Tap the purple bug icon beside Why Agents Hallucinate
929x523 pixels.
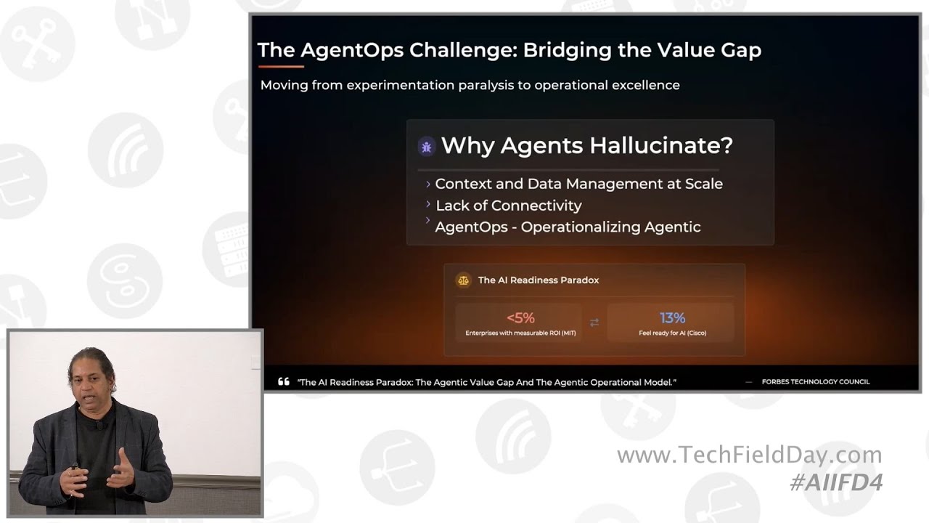click(x=427, y=147)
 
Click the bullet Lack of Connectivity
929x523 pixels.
click(x=509, y=206)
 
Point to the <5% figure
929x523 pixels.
click(x=520, y=318)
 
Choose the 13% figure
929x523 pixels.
click(x=672, y=318)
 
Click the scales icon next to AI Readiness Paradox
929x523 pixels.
click(x=462, y=280)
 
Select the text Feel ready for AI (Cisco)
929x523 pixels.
click(x=672, y=333)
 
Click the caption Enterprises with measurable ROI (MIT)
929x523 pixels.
click(x=520, y=333)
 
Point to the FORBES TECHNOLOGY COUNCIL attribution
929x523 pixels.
click(x=815, y=382)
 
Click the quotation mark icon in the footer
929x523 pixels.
click(x=283, y=382)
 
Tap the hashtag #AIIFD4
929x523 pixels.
click(x=835, y=483)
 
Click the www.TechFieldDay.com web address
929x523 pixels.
click(x=749, y=455)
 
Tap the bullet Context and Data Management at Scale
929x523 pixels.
click(x=578, y=184)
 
